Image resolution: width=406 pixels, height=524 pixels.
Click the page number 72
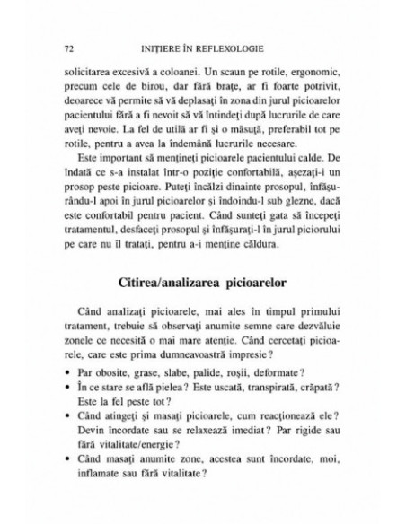(59, 45)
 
